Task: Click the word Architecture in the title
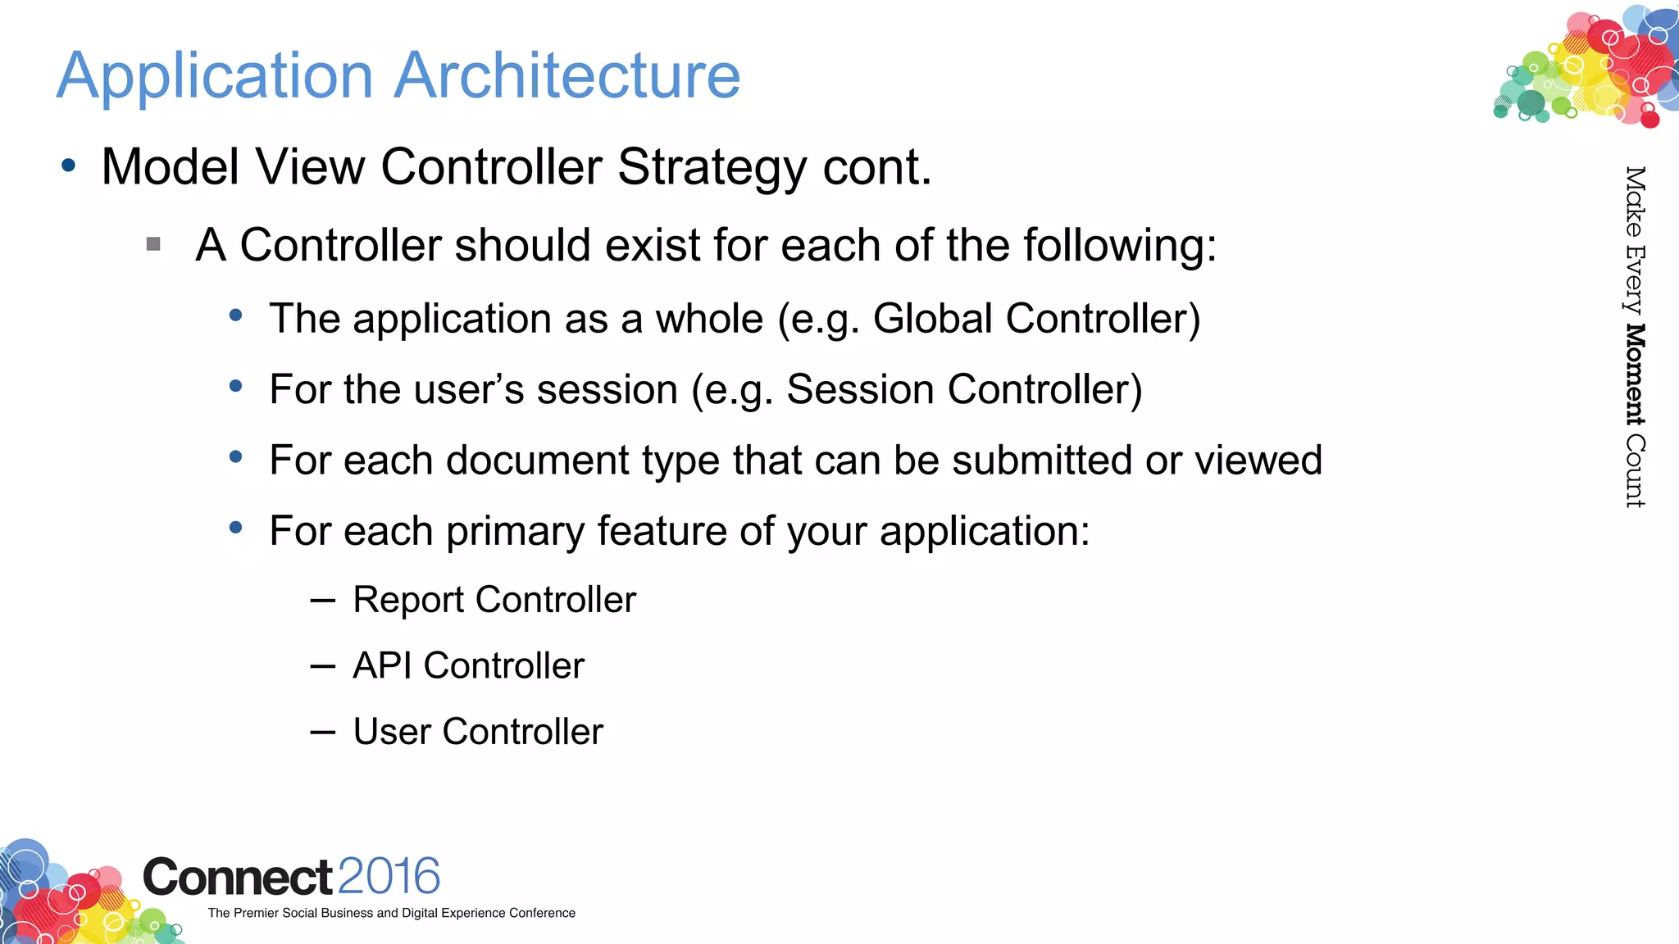pos(567,75)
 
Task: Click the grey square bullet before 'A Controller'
pos(153,244)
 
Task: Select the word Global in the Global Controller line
pos(933,319)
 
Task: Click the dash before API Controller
pos(323,666)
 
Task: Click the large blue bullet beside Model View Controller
pos(69,166)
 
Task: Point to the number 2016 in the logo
pos(389,876)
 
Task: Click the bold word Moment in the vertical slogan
pos(1635,375)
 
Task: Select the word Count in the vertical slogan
pos(1635,471)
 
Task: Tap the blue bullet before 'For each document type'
pos(236,457)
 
